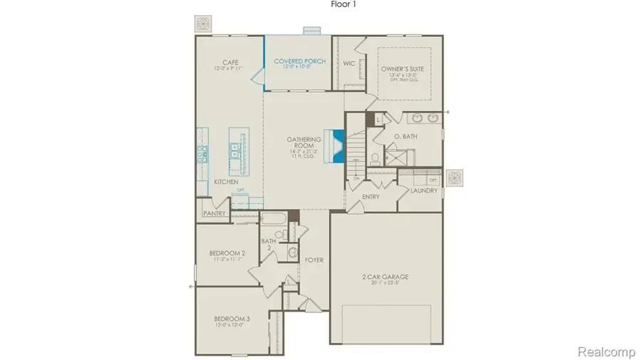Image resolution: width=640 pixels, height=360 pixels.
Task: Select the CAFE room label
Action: coord(229,61)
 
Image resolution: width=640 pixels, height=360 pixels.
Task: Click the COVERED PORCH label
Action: coord(299,62)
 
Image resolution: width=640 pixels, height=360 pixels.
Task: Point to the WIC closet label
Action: coord(348,63)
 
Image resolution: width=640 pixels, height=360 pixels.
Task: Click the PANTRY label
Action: coord(214,213)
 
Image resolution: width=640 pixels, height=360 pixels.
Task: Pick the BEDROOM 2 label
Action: coord(227,253)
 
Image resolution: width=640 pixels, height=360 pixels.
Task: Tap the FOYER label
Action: coord(314,260)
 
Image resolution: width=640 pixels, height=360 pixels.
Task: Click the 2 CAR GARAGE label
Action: coord(389,277)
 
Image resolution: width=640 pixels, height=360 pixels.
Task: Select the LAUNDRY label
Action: coord(423,191)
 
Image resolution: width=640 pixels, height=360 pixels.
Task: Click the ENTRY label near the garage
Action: coord(370,196)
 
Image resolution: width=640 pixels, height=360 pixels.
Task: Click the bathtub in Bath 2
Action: coord(273,218)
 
